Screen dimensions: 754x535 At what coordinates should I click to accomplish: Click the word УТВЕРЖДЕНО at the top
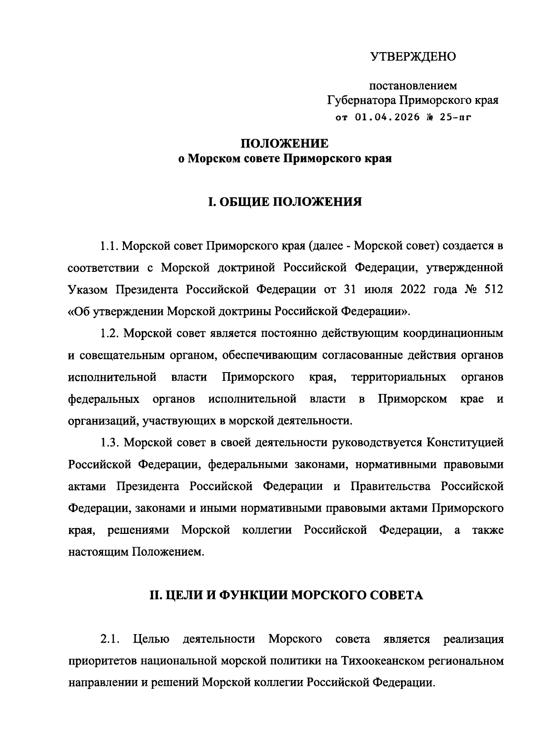click(x=413, y=57)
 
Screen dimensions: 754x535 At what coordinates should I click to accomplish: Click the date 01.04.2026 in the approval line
click(x=387, y=118)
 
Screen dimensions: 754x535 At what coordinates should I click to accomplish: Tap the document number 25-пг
click(x=455, y=118)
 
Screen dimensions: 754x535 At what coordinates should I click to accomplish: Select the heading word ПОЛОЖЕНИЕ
click(x=284, y=143)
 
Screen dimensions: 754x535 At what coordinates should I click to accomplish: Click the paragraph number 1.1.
click(x=109, y=246)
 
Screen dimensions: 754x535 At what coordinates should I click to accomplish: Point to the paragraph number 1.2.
click(x=109, y=333)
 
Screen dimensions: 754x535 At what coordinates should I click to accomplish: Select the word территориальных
click(x=399, y=377)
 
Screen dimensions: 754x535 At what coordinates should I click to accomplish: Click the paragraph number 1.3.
click(x=109, y=443)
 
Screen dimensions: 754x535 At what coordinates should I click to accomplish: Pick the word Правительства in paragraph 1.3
click(x=391, y=486)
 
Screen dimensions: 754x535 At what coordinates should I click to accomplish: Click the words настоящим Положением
click(x=136, y=552)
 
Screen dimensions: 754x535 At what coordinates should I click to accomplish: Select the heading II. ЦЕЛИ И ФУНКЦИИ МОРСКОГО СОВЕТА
click(x=285, y=595)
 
